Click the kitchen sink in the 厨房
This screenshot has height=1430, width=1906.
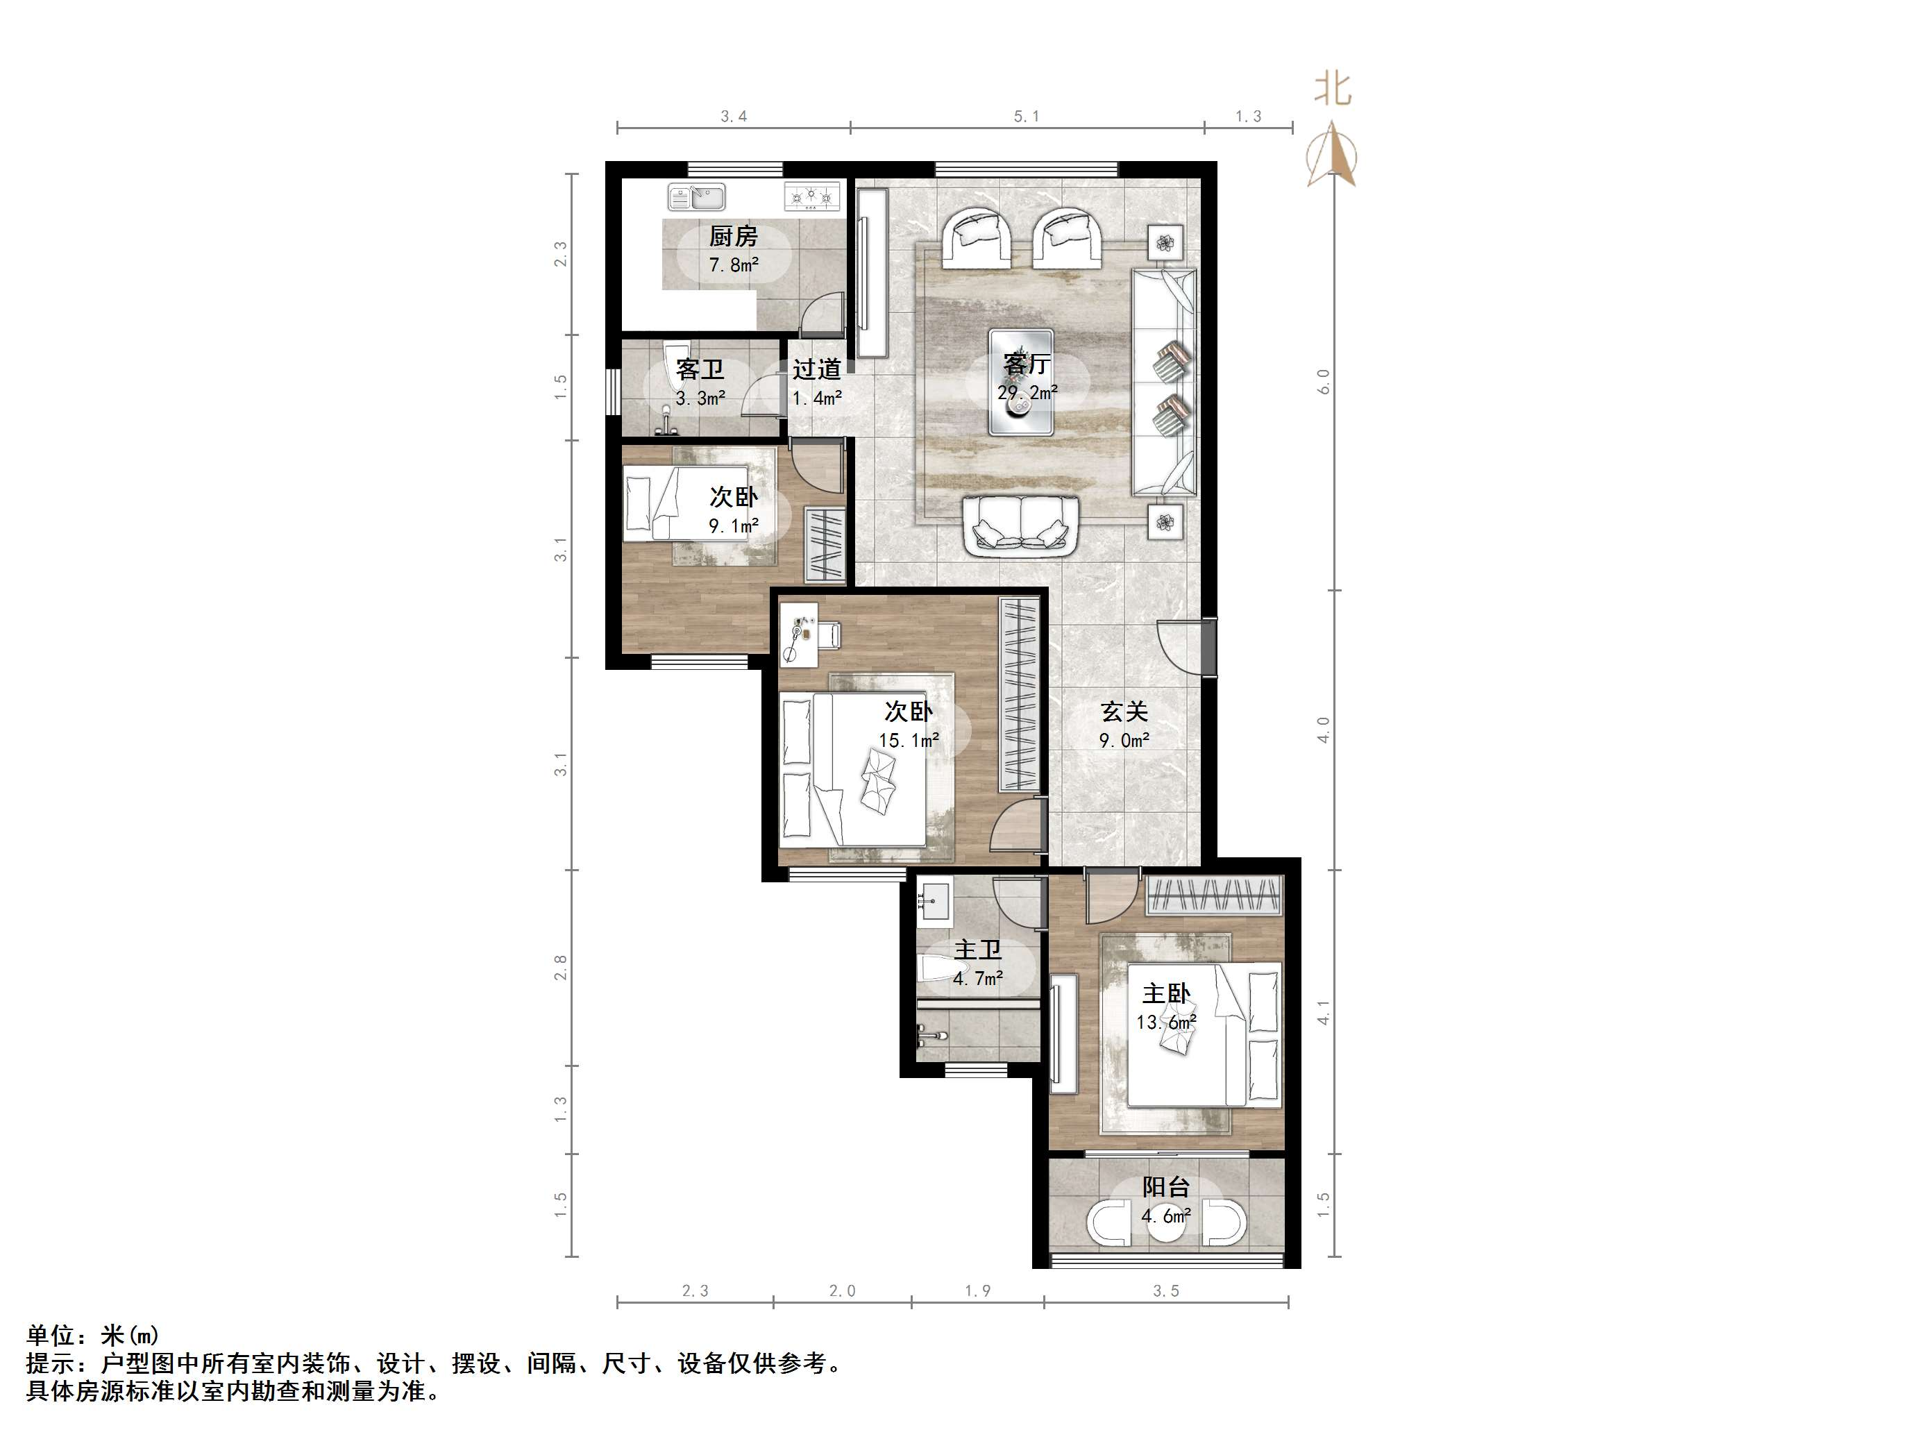coord(696,197)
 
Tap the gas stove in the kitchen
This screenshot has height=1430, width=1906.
coord(811,197)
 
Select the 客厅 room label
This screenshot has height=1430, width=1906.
coord(1027,364)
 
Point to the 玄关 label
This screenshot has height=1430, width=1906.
coord(1124,712)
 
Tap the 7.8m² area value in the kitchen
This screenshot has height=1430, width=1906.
coord(733,264)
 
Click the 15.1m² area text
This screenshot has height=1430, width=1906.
coord(908,739)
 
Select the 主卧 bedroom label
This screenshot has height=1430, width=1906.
coord(1166,994)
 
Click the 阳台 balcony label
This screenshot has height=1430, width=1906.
coord(1166,1187)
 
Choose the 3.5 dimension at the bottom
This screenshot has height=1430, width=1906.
coord(1166,1290)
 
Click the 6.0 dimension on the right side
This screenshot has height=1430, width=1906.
coord(1324,382)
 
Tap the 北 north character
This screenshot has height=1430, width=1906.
coord(1332,89)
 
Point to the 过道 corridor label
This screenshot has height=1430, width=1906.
coord(817,369)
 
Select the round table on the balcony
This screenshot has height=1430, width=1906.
coord(1166,1224)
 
